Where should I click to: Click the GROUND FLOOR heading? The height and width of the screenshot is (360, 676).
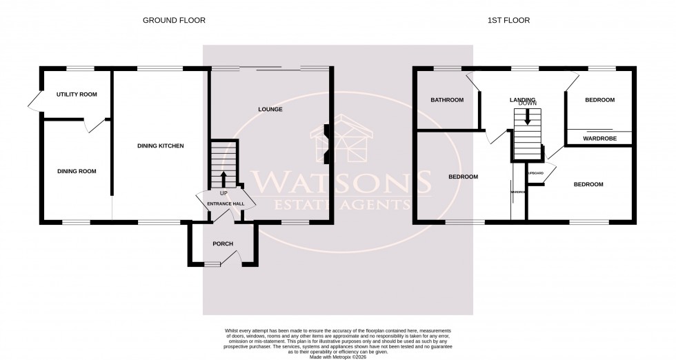pos(174,21)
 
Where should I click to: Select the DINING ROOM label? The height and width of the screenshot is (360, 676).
pos(77,171)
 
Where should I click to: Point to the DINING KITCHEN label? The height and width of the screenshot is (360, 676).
pos(160,146)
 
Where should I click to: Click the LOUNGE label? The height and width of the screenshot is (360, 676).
pos(270,110)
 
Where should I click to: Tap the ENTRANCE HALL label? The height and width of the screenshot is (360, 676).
pos(226,205)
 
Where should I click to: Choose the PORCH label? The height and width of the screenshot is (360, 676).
pos(223,244)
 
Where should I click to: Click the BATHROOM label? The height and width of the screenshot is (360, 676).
pos(447,100)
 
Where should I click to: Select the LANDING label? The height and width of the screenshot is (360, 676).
pos(522,100)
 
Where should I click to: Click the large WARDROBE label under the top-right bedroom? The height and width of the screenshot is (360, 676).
pos(599,139)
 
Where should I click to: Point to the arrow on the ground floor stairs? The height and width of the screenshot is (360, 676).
pos(223,177)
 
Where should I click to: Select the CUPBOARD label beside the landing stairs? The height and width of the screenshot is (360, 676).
pos(535,173)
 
